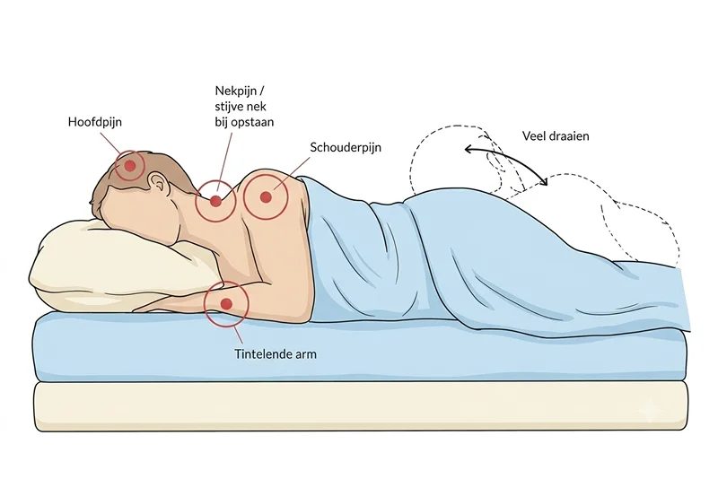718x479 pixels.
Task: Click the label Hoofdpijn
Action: [x=95, y=122]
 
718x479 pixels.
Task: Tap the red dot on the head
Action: [x=130, y=166]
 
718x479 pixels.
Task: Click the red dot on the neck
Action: [x=215, y=201]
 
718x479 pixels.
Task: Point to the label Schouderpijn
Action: [x=346, y=147]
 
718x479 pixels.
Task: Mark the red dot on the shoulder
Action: [x=266, y=197]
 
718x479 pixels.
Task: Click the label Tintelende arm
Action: [x=276, y=354]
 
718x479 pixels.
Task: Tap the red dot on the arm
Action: [x=226, y=303]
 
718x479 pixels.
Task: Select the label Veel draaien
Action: [x=556, y=135]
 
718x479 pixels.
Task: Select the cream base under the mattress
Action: [x=361, y=405]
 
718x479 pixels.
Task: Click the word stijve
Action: [x=229, y=107]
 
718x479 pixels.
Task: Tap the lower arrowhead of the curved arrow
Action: [x=544, y=181]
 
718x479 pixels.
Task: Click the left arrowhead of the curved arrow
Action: [x=468, y=149]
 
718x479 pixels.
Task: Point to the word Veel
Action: [x=532, y=135]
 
